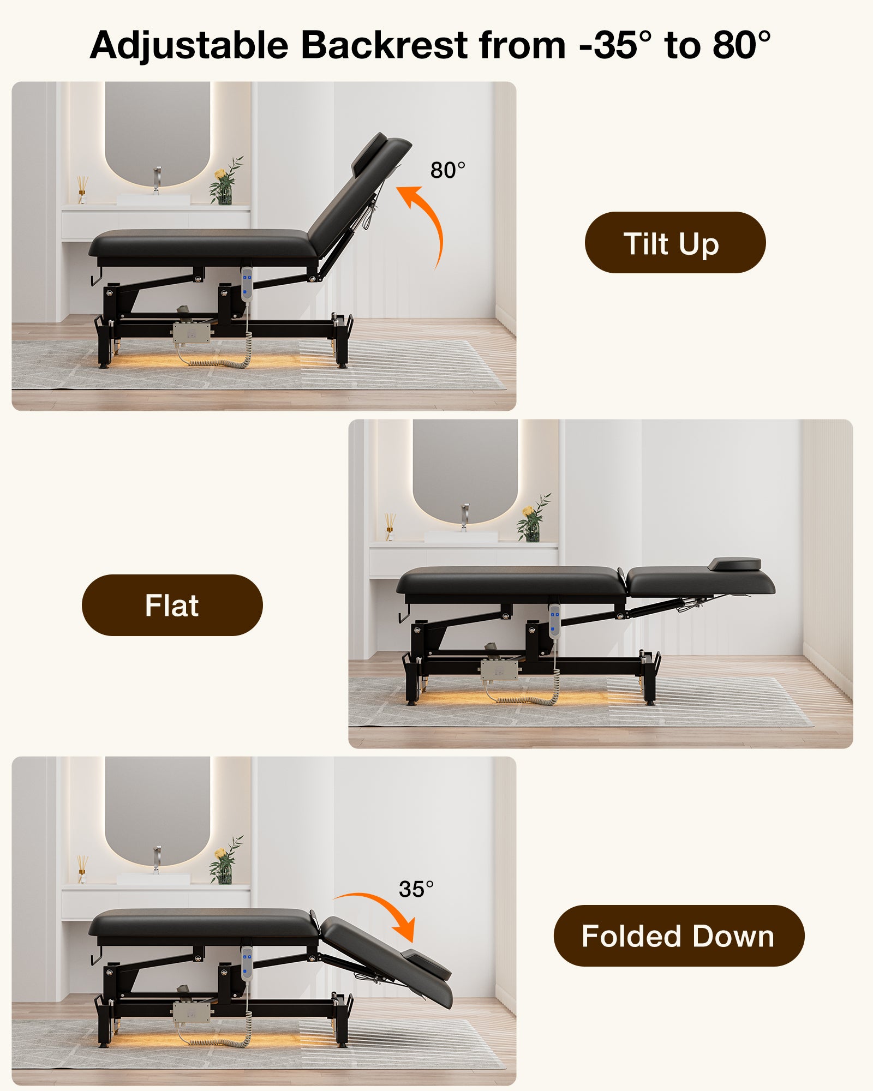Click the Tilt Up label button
[675, 243]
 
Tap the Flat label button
[172, 605]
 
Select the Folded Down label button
[679, 936]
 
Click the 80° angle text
[448, 170]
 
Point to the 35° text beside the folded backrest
[416, 889]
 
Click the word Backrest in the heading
[384, 45]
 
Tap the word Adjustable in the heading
[189, 46]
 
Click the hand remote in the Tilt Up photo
[247, 284]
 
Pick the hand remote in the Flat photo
[555, 621]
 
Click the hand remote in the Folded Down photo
[247, 964]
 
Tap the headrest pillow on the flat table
[734, 564]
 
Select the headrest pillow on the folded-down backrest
[426, 963]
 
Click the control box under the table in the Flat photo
[499, 669]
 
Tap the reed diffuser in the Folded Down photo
[82, 869]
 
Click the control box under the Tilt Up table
[192, 333]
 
